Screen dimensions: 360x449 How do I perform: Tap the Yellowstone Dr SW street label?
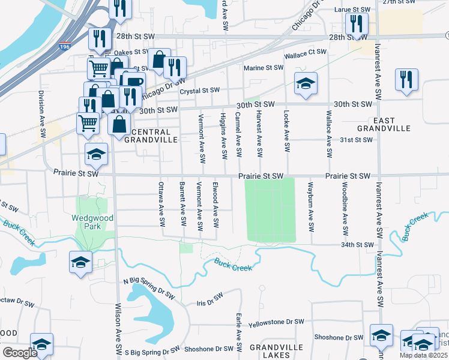point(277,322)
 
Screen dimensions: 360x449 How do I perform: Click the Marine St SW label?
point(263,67)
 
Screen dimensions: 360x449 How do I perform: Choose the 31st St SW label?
point(357,140)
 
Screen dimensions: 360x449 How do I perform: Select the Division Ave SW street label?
point(41,107)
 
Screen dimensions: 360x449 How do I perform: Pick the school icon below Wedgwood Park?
point(80,262)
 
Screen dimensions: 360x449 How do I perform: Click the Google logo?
point(20,353)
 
